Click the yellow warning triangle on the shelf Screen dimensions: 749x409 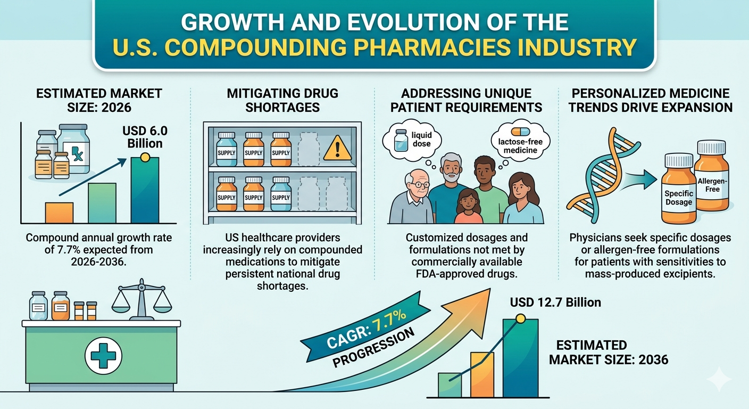click(337, 149)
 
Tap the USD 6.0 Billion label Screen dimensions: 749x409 click(145, 137)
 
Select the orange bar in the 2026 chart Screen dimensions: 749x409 click(59, 213)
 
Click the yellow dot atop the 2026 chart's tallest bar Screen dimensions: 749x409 click(145, 157)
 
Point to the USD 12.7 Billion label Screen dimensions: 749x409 click(555, 302)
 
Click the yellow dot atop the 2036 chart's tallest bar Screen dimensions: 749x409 click(521, 318)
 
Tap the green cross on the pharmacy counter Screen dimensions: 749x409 click(103, 355)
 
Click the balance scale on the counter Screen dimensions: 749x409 click(142, 299)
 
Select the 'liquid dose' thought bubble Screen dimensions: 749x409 click(412, 140)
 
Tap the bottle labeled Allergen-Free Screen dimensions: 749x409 click(712, 175)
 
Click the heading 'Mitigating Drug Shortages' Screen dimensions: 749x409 click(282, 100)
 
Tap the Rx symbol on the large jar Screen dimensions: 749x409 click(78, 154)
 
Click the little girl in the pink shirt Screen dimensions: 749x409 click(469, 206)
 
